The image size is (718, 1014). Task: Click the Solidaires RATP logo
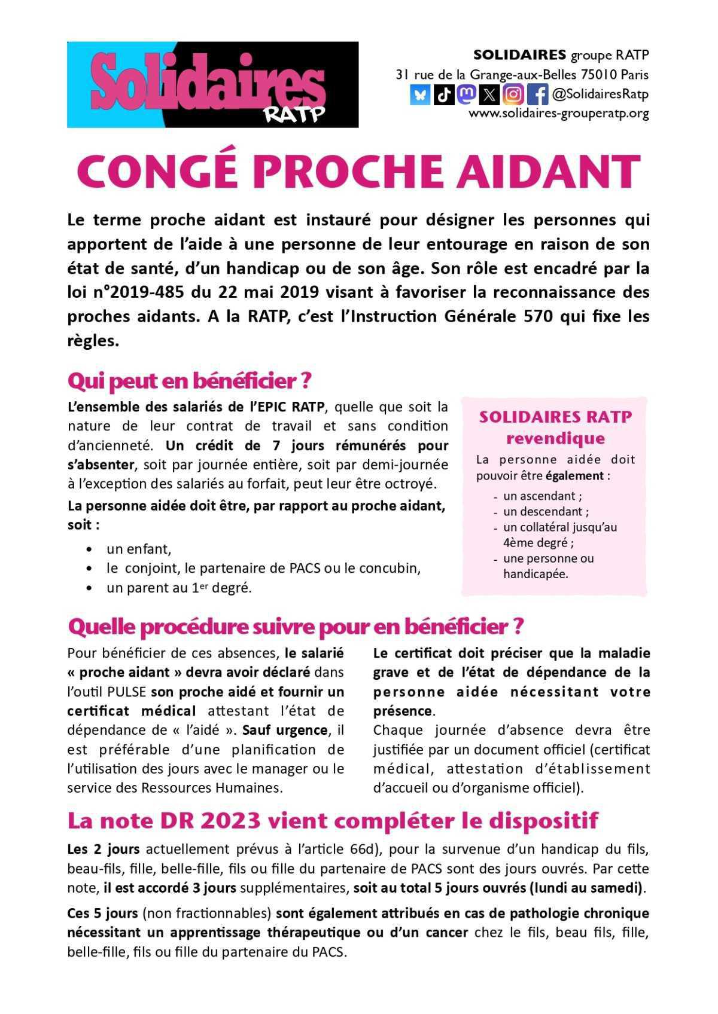point(212,84)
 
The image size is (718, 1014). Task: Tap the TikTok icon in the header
point(443,94)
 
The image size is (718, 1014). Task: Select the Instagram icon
point(513,94)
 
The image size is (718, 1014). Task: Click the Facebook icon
point(537,94)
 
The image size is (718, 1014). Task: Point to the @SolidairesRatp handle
point(600,94)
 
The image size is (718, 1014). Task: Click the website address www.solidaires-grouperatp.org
point(558,114)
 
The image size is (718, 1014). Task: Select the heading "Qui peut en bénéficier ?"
point(190,381)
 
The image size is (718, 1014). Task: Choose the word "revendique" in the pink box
point(555,439)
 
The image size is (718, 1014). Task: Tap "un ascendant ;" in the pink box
point(543,496)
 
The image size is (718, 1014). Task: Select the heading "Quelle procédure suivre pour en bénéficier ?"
point(296,627)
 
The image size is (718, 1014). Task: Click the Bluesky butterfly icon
point(420,94)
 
